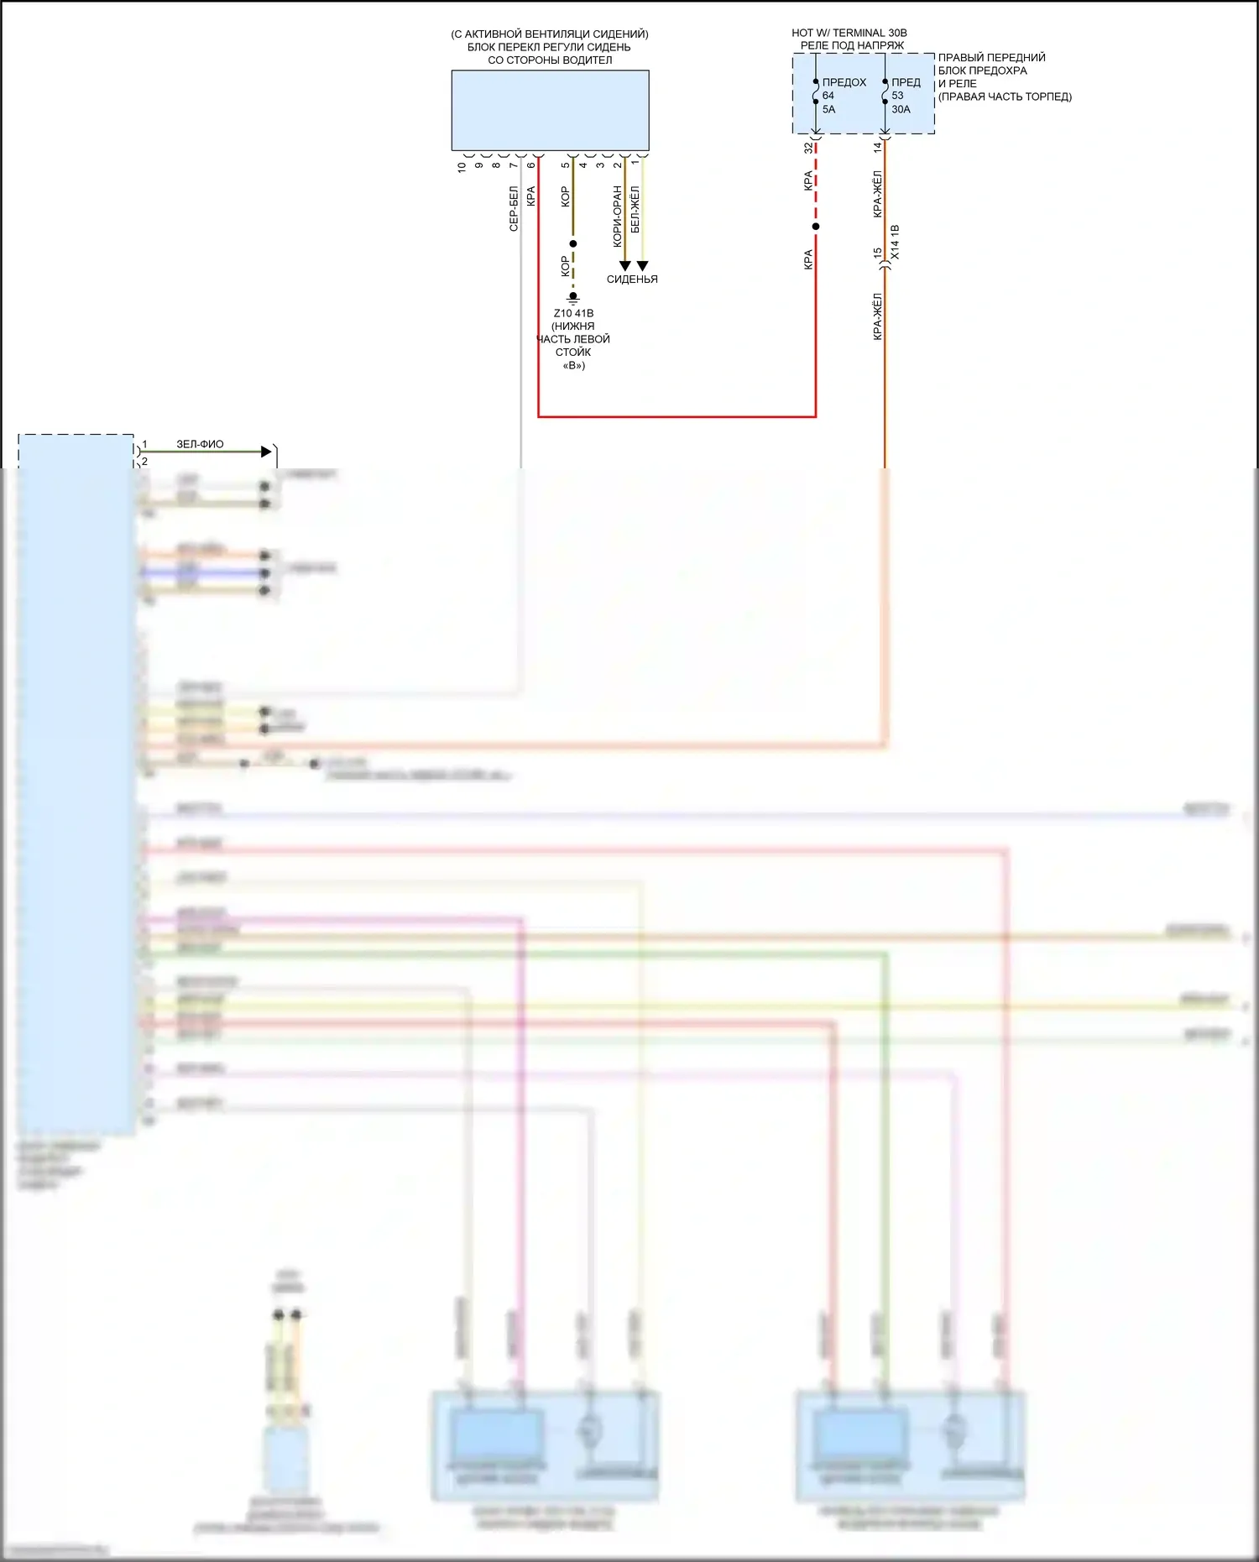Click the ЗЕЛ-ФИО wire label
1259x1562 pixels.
click(x=200, y=444)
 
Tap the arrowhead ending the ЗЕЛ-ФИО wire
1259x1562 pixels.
click(x=267, y=452)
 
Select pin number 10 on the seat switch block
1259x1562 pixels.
click(x=461, y=167)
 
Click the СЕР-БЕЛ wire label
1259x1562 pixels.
click(x=514, y=208)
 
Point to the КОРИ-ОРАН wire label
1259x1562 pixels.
click(x=618, y=216)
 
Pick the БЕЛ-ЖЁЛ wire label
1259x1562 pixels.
click(x=635, y=209)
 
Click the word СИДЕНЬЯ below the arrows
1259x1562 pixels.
click(x=632, y=279)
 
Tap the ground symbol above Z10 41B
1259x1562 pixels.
click(x=573, y=297)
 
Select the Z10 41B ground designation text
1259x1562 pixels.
click(x=573, y=313)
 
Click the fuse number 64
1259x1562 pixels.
click(x=828, y=96)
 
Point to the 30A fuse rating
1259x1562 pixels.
click(x=901, y=109)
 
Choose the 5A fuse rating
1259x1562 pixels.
click(x=828, y=109)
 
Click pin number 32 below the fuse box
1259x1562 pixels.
click(x=808, y=148)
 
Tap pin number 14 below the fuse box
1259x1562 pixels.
click(x=877, y=147)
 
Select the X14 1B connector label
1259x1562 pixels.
click(x=895, y=242)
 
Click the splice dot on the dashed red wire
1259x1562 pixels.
click(x=816, y=227)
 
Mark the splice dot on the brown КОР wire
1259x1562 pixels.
click(x=573, y=244)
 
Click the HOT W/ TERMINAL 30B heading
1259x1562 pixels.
click(x=849, y=33)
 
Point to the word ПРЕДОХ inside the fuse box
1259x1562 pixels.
click(x=844, y=82)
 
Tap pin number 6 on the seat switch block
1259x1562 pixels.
click(x=530, y=165)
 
